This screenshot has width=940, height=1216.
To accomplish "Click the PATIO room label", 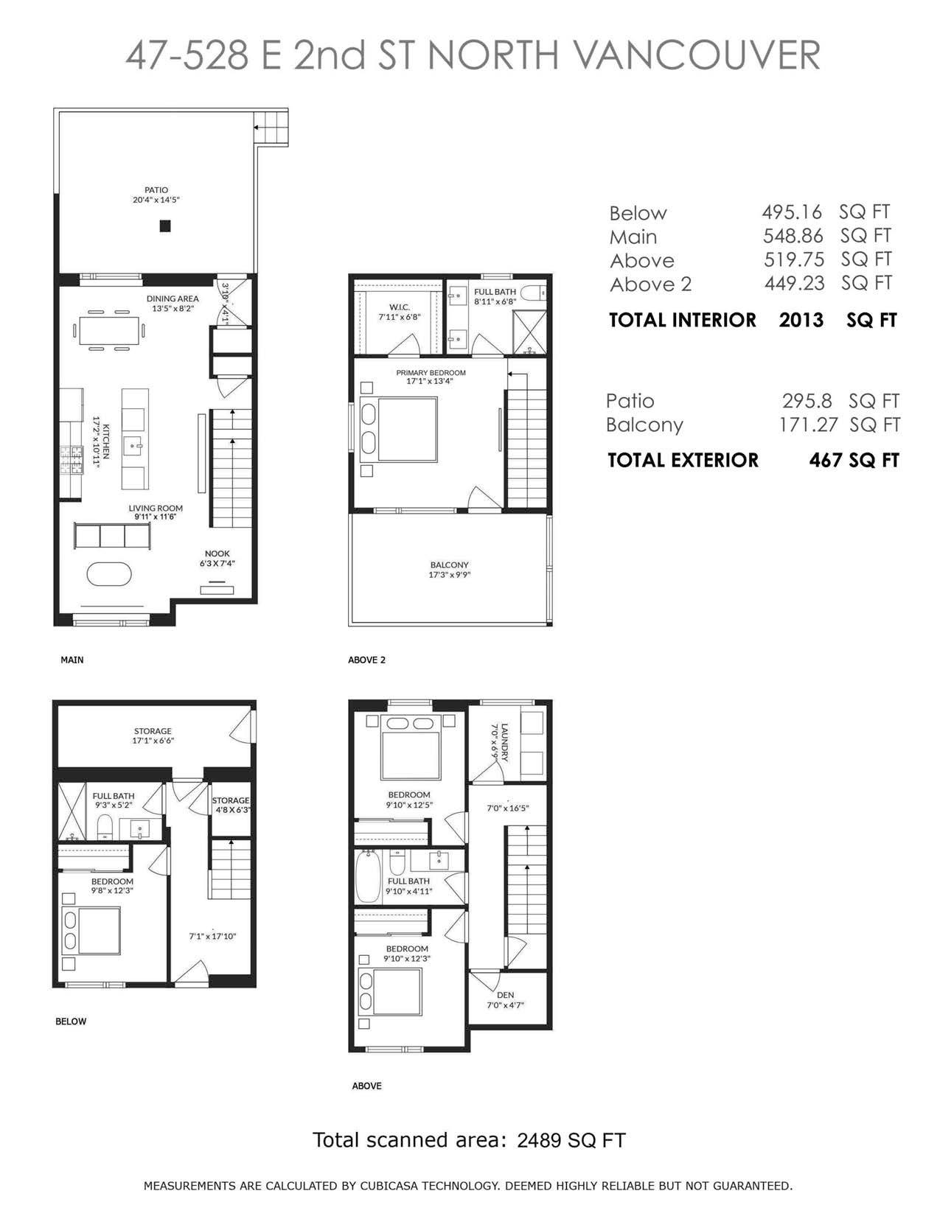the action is pos(156,190).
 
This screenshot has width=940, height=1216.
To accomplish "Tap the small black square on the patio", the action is pos(164,226).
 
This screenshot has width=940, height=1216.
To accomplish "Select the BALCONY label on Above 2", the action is pos(449,565).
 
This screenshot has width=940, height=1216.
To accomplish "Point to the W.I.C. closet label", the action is pos(399,307).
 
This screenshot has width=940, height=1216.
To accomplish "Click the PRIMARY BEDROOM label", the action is pos(431,373).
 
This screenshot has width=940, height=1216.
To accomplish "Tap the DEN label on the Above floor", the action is pos(505,995).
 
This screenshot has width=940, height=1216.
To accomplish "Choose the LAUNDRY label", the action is pos(504,743).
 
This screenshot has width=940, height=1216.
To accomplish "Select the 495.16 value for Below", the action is pos(792,212).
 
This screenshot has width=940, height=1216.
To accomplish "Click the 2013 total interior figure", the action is pos(801,320).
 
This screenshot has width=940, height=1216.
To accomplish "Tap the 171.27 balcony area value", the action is pos(809,424).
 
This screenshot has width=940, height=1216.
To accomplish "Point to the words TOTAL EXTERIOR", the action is pos(683,460).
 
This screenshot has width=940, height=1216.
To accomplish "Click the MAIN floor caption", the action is pos(72,660).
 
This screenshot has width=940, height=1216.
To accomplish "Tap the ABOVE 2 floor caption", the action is pos(366,660).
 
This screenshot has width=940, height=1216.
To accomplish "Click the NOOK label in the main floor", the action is pos(217,553).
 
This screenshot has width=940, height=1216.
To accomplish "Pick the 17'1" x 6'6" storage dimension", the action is pos(153,741).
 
